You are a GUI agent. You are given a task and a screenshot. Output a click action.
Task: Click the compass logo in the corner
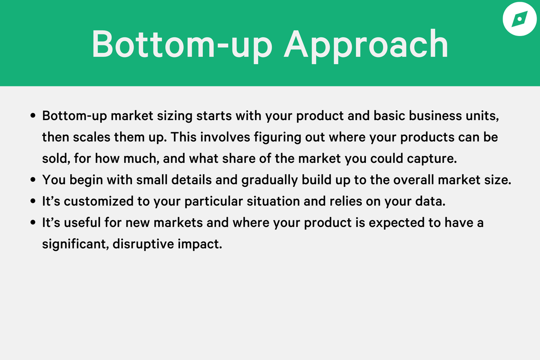(518, 19)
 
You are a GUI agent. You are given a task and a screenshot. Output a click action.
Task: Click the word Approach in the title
(366, 45)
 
